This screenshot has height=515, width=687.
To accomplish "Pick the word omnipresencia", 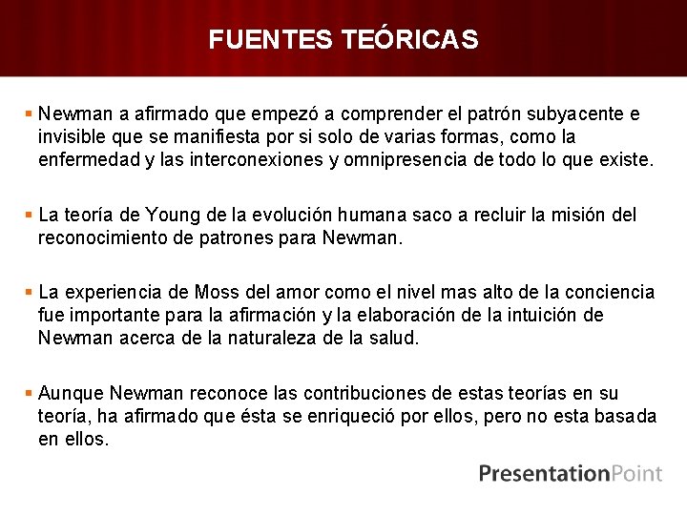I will (x=408, y=160).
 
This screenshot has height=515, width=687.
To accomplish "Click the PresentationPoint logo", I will (x=570, y=473).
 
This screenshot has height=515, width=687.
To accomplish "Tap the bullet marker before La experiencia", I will (x=30, y=291).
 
